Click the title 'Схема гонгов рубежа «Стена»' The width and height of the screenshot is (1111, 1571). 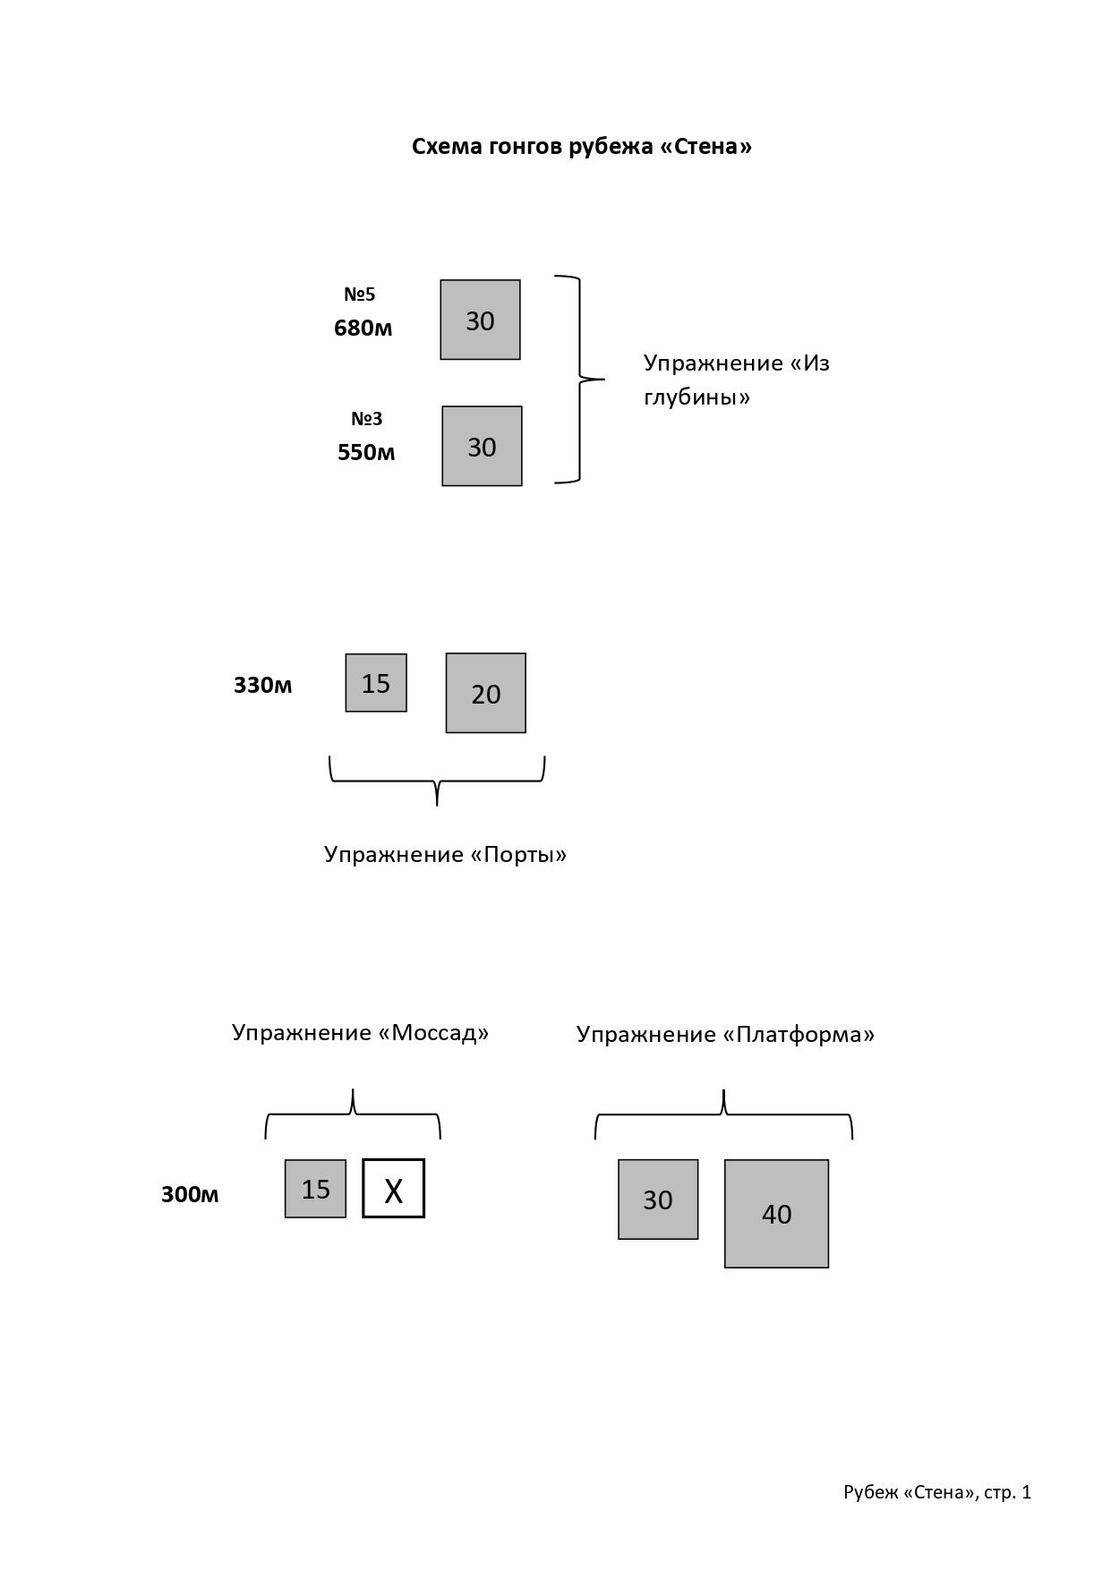point(582,147)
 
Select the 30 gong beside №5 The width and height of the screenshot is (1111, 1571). point(480,320)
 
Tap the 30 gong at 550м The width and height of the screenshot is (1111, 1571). point(482,446)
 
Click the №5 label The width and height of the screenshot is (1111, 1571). point(360,295)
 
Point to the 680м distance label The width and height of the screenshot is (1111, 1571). point(363,329)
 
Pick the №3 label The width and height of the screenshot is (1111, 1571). point(366,419)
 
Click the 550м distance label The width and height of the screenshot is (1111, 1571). point(366,453)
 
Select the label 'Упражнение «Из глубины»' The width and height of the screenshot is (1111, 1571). point(737,380)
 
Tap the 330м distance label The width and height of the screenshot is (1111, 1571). point(263,686)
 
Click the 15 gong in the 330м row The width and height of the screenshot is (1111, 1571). point(376,683)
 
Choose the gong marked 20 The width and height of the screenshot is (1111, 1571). point(486,693)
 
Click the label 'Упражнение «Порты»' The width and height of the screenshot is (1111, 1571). point(446,855)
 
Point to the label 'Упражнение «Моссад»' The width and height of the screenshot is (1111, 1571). point(361,1033)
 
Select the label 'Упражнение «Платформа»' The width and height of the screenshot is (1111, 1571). point(726,1035)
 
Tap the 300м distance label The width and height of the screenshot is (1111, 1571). point(190,1195)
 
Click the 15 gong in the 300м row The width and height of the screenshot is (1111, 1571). point(315,1189)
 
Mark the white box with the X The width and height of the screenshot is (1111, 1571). point(394,1189)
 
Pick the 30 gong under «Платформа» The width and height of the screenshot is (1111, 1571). point(658,1200)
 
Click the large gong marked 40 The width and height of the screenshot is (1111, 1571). point(776,1214)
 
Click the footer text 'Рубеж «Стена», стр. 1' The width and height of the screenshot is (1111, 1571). point(937,1492)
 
